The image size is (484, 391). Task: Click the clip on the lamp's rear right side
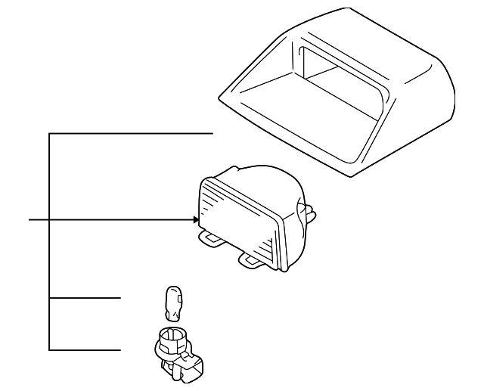(306, 211)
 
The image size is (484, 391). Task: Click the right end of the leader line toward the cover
(214, 133)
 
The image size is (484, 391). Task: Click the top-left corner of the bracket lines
(49, 133)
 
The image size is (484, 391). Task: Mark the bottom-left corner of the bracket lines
(49, 350)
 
